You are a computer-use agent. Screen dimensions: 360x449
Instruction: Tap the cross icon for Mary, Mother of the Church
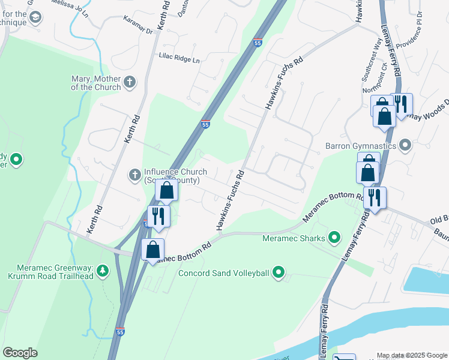tap(130, 82)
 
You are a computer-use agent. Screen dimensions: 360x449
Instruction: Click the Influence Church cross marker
tap(136, 175)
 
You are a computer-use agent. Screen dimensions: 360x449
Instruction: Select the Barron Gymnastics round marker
tap(406, 145)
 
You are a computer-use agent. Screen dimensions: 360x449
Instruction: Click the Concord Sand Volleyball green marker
tap(278, 274)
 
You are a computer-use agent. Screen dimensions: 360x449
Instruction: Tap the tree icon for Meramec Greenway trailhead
tap(103, 271)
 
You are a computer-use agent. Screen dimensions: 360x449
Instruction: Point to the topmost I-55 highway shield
tap(257, 43)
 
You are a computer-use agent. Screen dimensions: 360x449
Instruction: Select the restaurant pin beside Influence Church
tap(159, 215)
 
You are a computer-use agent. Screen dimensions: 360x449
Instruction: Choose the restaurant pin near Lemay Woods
tap(401, 104)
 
